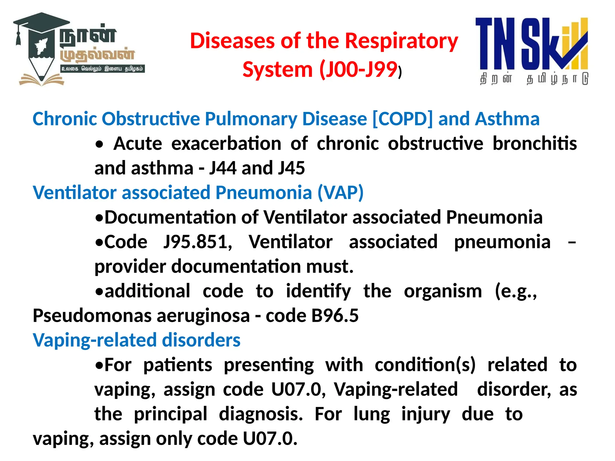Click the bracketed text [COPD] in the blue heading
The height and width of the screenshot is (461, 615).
point(402,119)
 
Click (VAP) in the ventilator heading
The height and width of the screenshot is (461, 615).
point(341,192)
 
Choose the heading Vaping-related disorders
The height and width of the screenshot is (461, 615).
point(136,340)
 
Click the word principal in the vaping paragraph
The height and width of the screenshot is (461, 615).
point(170,414)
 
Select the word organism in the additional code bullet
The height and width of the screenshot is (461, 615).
point(443,291)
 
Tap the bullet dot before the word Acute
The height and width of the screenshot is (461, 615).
point(99,145)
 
